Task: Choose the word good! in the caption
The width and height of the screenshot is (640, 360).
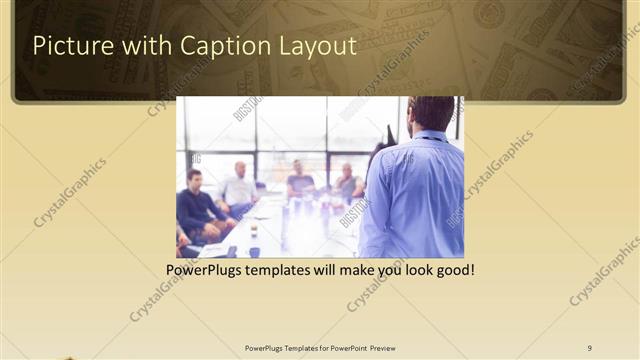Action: pos(452,270)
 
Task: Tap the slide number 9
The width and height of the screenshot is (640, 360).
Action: pos(589,347)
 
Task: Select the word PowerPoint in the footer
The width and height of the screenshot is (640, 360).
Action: pos(346,347)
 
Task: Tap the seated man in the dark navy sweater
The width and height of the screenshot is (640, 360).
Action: pos(196,205)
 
